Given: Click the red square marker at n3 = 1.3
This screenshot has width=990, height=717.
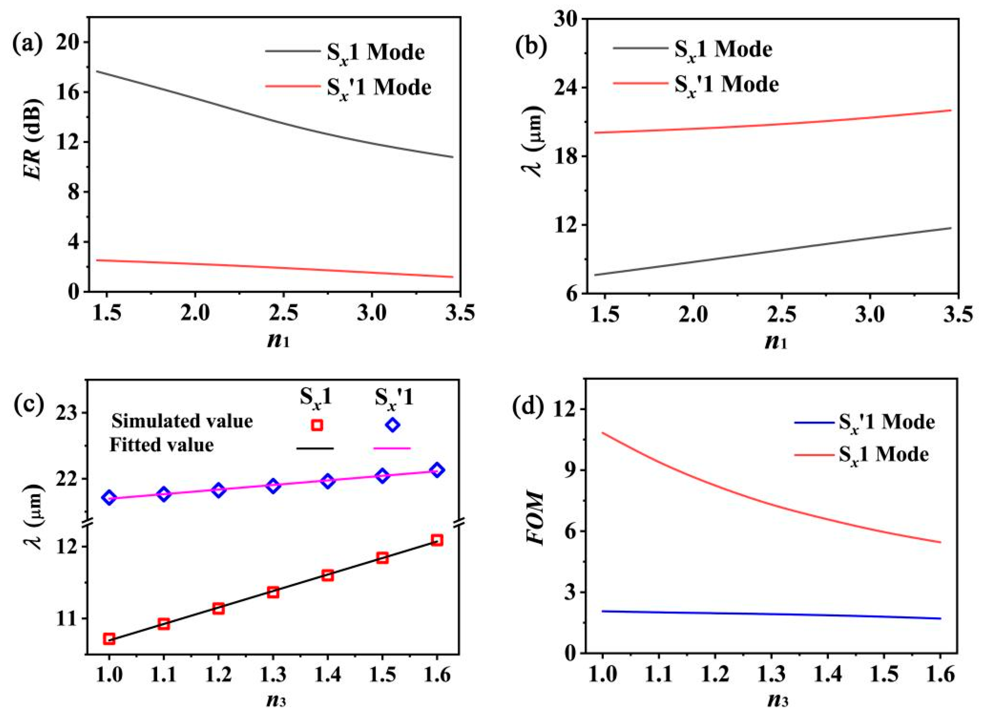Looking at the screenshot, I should click(273, 592).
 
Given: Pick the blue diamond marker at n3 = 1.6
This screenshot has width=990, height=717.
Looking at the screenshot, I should click(437, 470).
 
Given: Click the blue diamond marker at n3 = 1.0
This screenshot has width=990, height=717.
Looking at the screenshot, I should click(109, 497).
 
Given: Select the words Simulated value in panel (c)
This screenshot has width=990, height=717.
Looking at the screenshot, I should click(182, 421).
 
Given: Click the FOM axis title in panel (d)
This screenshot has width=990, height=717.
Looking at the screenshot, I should click(535, 519).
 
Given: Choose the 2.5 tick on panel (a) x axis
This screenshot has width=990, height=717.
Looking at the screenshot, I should click(284, 314).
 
